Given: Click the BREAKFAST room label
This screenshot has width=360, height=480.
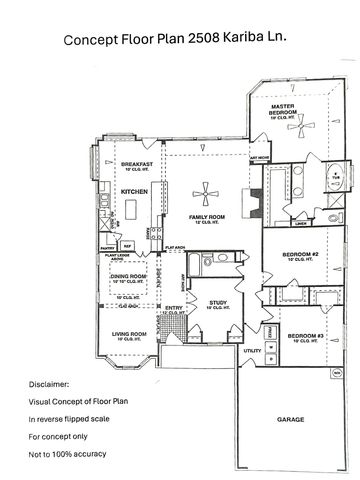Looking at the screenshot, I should (x=136, y=163).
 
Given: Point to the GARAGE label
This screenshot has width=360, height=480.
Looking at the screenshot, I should (x=291, y=419).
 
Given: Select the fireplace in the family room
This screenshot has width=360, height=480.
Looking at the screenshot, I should (x=253, y=214).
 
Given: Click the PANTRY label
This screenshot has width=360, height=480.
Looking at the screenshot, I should (x=107, y=246).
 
